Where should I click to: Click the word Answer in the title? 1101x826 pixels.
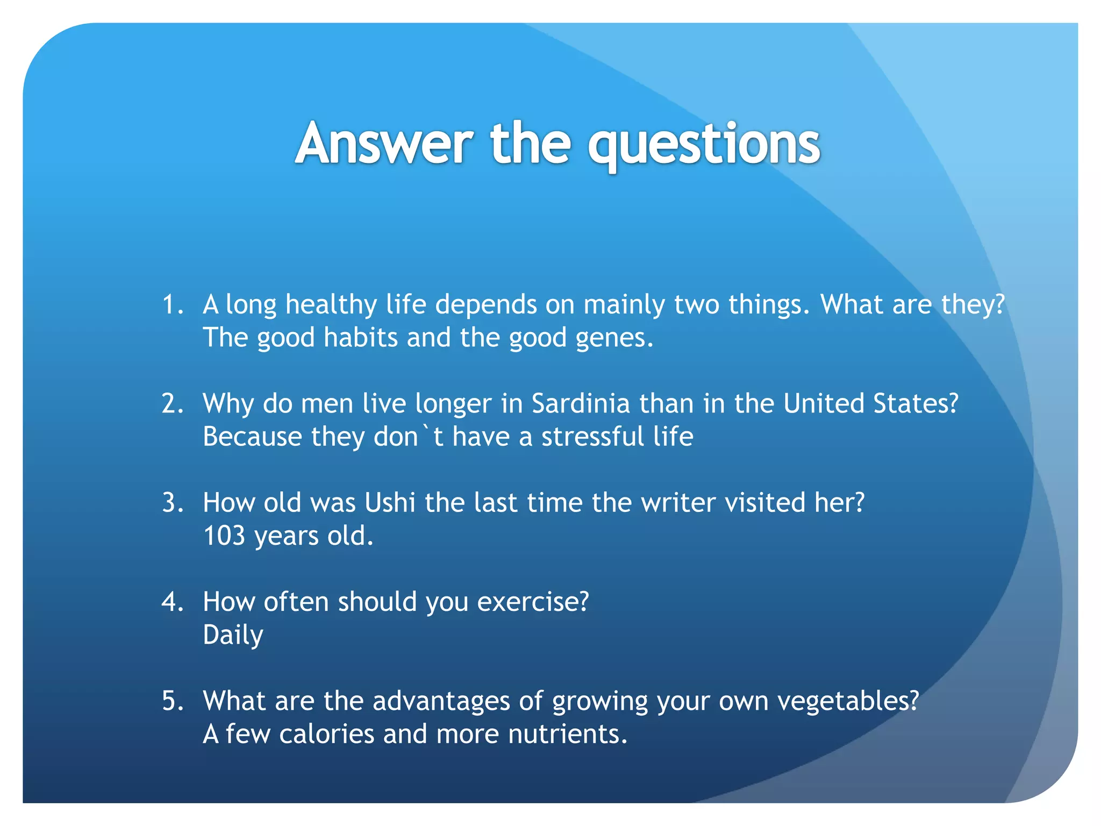coord(384,144)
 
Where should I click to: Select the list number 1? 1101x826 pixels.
coord(171,305)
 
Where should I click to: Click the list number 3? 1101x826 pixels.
coord(172,503)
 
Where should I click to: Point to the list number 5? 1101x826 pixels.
coord(172,701)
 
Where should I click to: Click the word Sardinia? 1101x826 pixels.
coord(580,404)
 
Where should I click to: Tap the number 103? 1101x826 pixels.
coord(224,536)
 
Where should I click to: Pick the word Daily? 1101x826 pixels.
coord(233,636)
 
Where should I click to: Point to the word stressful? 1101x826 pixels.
coord(592,437)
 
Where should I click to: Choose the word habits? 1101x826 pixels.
coord(360,338)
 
